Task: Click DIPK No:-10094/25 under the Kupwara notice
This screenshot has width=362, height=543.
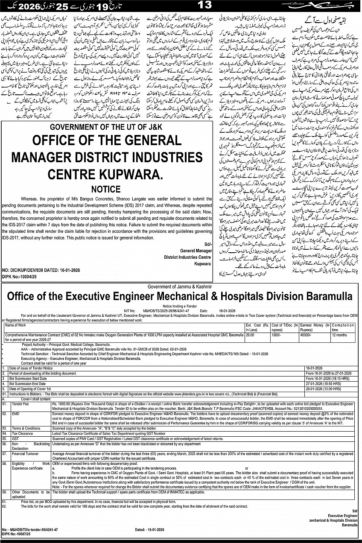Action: (20, 276)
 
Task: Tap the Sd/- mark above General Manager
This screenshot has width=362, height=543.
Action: (207, 244)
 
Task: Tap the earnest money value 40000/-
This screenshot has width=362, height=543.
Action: (307, 335)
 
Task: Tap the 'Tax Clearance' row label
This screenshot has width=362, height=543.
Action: (23, 434)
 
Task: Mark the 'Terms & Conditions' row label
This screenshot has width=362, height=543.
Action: (26, 428)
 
